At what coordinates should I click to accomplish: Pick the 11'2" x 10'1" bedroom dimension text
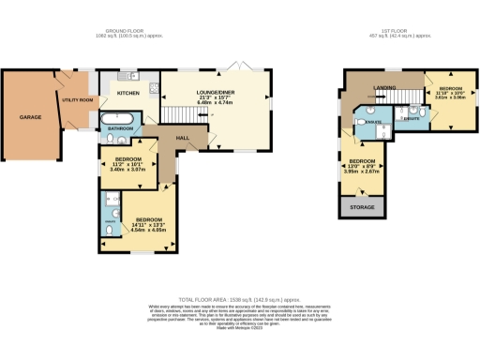click(x=122, y=166)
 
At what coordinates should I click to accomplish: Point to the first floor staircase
click(x=406, y=98)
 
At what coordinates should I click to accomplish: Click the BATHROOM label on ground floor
click(x=121, y=128)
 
